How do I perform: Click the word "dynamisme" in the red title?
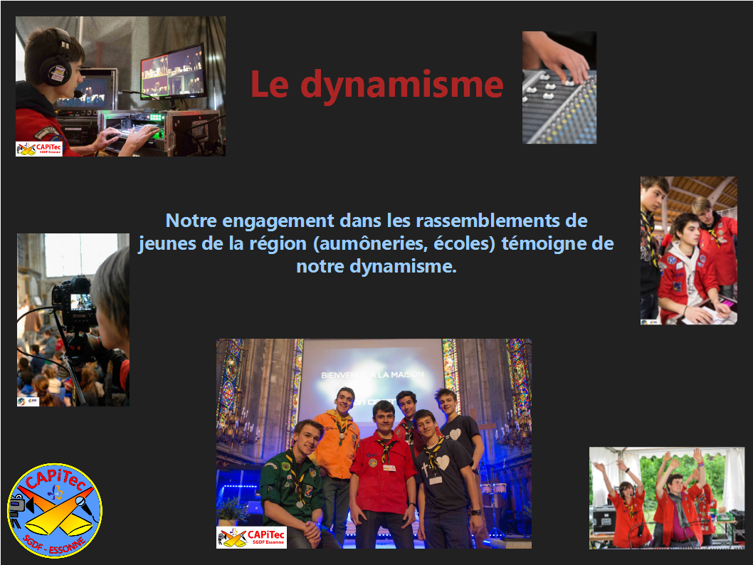tap(402, 85)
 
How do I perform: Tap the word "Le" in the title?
tap(270, 84)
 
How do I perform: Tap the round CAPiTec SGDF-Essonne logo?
tap(55, 510)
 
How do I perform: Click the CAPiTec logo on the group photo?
tap(252, 537)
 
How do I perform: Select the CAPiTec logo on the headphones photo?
tap(39, 149)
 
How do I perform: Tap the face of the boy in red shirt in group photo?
tap(384, 418)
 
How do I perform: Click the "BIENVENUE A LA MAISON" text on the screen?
tap(373, 375)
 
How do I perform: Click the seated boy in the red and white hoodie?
tap(685, 274)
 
